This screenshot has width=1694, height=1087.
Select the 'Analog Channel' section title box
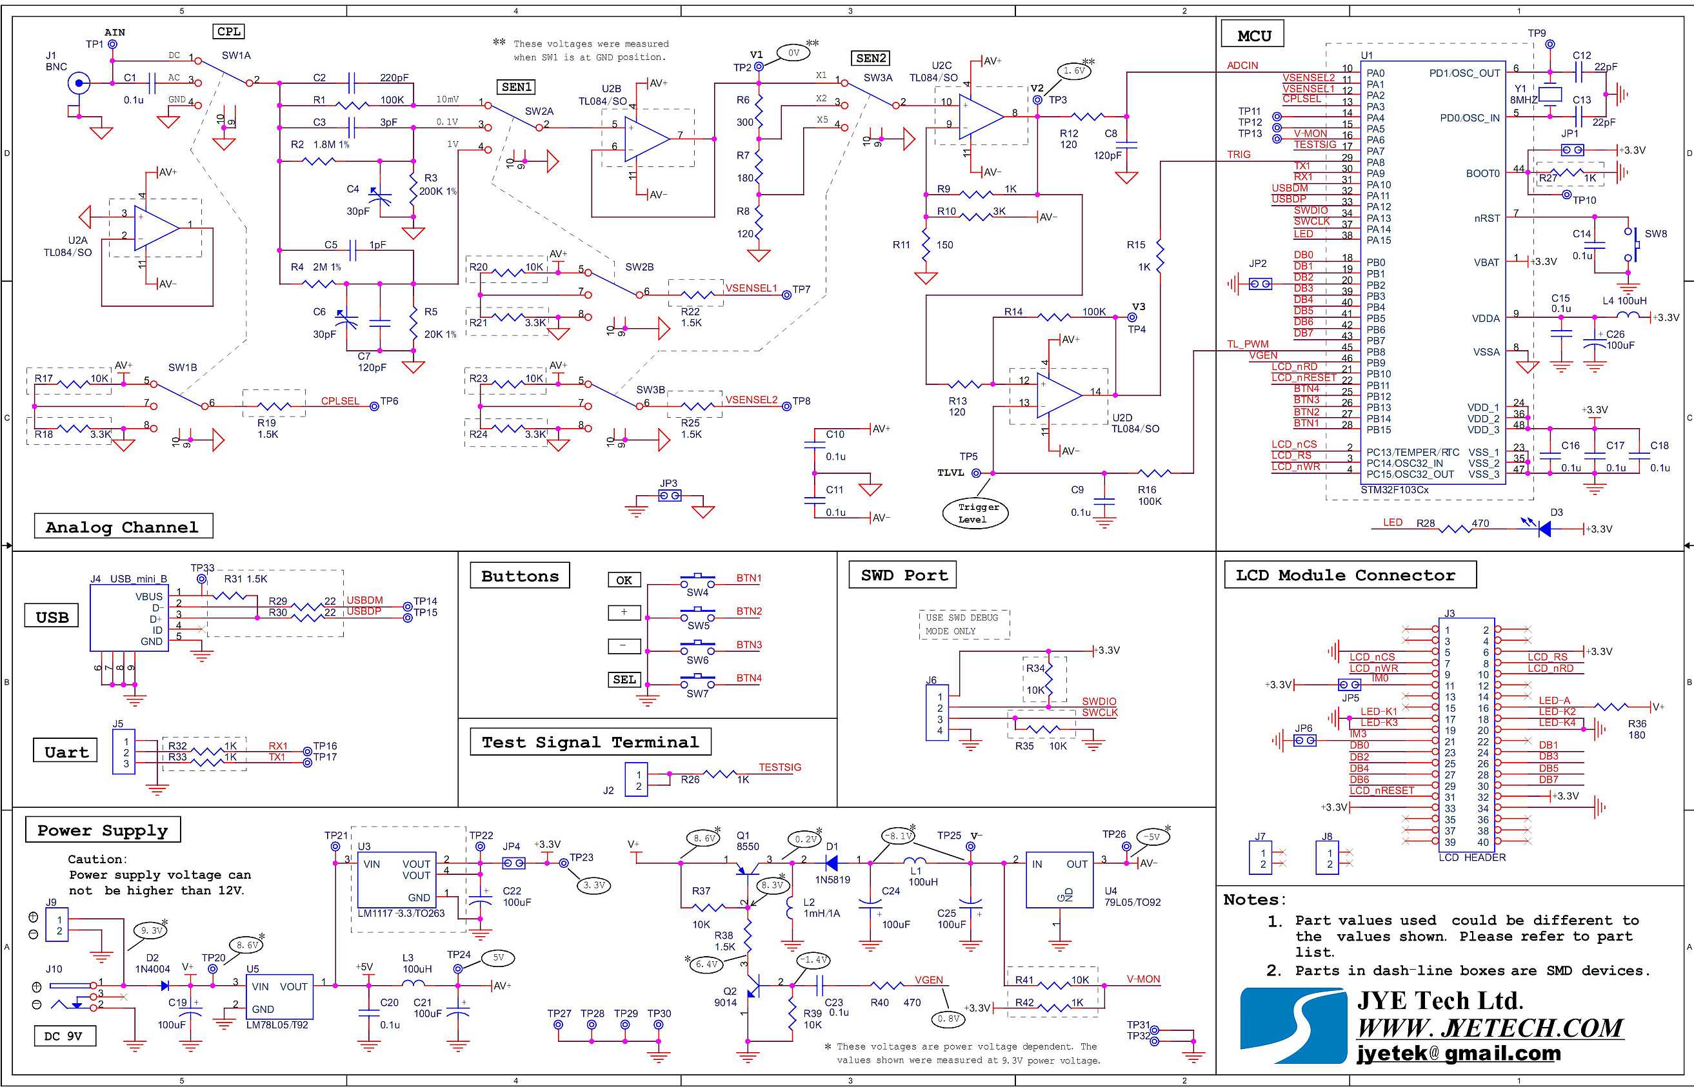pyautogui.click(x=124, y=526)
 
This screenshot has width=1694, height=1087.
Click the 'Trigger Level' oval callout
pyautogui.click(x=975, y=513)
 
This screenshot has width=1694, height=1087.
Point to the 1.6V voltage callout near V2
pyautogui.click(x=1073, y=70)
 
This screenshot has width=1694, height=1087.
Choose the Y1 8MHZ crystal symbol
pyautogui.click(x=1550, y=94)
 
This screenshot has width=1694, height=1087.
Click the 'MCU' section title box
pyautogui.click(x=1254, y=35)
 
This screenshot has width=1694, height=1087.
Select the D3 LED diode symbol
pyautogui.click(x=1544, y=527)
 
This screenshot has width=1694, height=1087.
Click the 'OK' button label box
pyautogui.click(x=624, y=580)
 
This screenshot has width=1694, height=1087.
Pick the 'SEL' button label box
pyautogui.click(x=624, y=679)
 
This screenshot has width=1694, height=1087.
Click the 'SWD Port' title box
pyautogui.click(x=903, y=574)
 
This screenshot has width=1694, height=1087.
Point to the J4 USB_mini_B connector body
pyautogui.click(x=129, y=618)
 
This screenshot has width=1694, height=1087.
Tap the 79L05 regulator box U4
pyautogui.click(x=1059, y=879)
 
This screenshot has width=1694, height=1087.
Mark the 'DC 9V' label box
pyautogui.click(x=65, y=1036)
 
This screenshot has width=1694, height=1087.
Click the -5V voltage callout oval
pyautogui.click(x=1151, y=836)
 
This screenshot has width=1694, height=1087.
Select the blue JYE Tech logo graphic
pyautogui.click(x=1294, y=1026)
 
